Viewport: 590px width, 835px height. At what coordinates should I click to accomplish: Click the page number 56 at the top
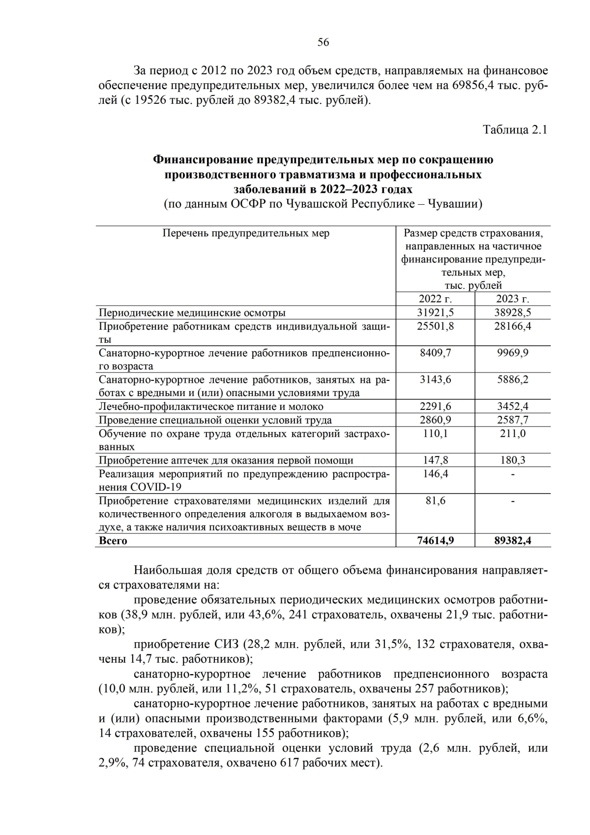click(323, 42)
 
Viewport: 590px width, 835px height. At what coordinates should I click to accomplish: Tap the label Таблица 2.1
click(515, 130)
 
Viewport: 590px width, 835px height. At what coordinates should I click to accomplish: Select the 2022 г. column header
click(435, 299)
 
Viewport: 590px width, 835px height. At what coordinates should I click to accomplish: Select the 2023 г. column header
click(512, 299)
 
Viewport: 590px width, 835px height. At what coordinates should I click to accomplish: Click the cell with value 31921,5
click(435, 312)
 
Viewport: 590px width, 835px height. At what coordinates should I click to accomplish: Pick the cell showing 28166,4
click(512, 326)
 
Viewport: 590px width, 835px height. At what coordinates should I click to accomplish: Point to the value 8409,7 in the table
click(435, 353)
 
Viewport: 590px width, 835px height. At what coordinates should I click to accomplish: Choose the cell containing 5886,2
click(512, 379)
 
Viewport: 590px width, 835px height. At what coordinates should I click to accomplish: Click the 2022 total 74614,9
click(435, 540)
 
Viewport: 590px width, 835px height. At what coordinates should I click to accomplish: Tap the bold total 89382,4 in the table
click(512, 540)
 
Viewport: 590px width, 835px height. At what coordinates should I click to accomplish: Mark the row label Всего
click(113, 540)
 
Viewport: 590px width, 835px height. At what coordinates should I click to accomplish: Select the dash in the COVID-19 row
click(512, 474)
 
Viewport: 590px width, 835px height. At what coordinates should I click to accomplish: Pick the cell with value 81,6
click(435, 500)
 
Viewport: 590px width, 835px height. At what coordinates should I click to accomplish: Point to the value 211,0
click(512, 433)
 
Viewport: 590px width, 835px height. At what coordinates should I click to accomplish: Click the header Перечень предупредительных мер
click(246, 233)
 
